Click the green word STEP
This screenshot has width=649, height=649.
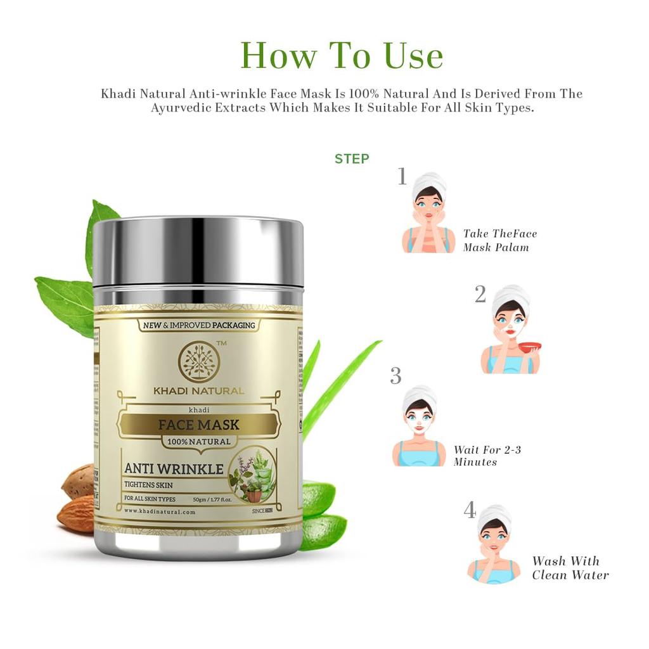point(352,158)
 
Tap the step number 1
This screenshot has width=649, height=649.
point(401,177)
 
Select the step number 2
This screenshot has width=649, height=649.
point(480,295)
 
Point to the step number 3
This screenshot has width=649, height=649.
point(395,376)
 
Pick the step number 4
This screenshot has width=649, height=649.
point(470,510)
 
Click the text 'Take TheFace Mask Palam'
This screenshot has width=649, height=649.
point(499,240)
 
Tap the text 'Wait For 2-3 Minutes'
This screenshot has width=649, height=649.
point(487,456)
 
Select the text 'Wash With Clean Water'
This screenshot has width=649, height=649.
point(570,568)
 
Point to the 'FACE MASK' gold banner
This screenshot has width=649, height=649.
point(198,425)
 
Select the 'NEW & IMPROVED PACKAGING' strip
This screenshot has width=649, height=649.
point(198,325)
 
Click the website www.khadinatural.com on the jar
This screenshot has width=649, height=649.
point(160,511)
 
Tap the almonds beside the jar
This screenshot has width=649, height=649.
point(77,497)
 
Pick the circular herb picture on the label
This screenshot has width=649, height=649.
point(252,474)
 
